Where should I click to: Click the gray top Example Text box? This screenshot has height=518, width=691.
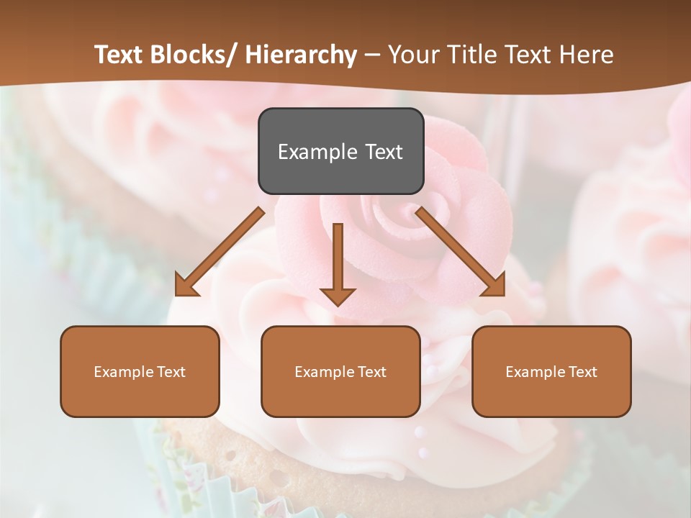point(340,151)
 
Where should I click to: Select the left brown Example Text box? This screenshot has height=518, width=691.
point(140,371)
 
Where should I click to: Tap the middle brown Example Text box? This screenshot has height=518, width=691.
point(340,371)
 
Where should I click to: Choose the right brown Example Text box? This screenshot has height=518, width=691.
point(551,371)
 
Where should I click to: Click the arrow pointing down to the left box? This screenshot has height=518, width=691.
point(220,251)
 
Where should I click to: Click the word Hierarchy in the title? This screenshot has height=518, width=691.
point(301,55)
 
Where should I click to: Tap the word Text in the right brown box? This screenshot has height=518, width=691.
point(582,371)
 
